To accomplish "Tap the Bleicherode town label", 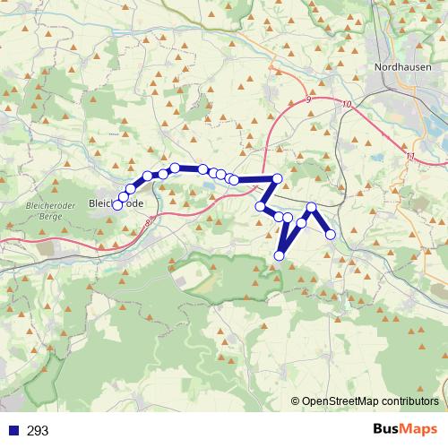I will tap(116, 204).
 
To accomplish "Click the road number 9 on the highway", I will tap(307, 99).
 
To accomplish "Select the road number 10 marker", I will tap(346, 105).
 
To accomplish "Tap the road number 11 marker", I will tap(410, 158).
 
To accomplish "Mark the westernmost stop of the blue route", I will tap(117, 205).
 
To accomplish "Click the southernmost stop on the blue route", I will tap(279, 256).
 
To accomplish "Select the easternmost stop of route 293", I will tap(331, 235).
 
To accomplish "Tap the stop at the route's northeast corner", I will tap(278, 179).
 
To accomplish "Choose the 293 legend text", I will tap(38, 431).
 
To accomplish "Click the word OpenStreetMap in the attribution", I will tap(342, 401).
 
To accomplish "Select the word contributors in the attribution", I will tap(411, 401).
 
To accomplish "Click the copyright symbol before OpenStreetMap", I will tap(296, 401).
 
